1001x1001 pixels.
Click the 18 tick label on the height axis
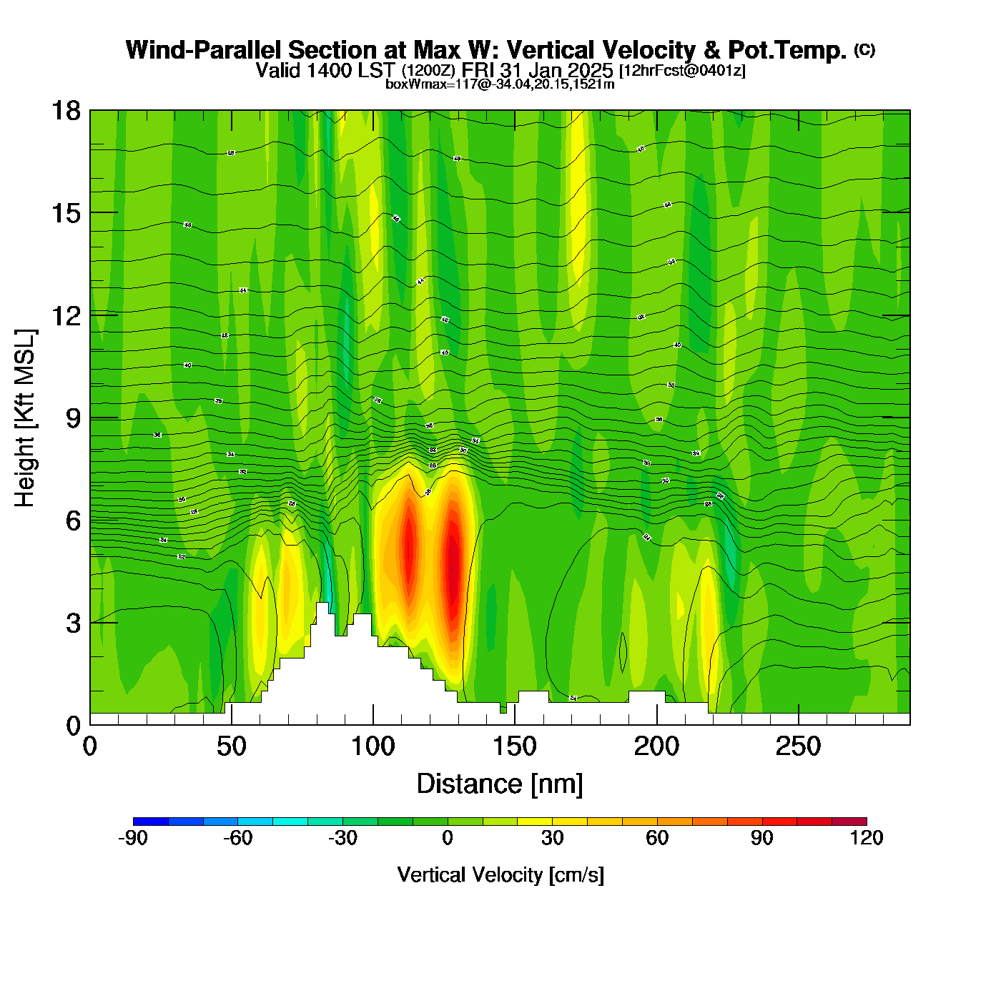pos(65,111)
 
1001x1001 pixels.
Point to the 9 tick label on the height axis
pos(73,418)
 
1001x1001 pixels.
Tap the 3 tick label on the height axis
pos(73,623)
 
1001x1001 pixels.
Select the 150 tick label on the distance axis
pos(515,747)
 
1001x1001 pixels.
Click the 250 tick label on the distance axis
pos(798,747)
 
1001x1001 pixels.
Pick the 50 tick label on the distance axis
pos(231,747)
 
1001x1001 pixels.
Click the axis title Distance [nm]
pos(500,784)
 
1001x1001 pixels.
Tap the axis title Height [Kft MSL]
pos(25,418)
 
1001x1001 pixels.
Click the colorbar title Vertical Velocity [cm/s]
pos(500,875)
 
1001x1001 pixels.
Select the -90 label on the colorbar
pos(133,838)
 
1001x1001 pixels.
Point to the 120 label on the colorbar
pos(867,838)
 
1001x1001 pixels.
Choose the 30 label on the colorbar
pos(553,838)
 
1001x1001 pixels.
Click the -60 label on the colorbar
pos(238,838)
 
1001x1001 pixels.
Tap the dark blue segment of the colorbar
pos(151,822)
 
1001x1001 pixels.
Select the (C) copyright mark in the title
pos(864,49)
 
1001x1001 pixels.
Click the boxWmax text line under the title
pos(500,84)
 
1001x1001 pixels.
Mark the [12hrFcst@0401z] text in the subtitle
pos(682,71)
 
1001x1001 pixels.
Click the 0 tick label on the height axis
pos(73,726)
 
